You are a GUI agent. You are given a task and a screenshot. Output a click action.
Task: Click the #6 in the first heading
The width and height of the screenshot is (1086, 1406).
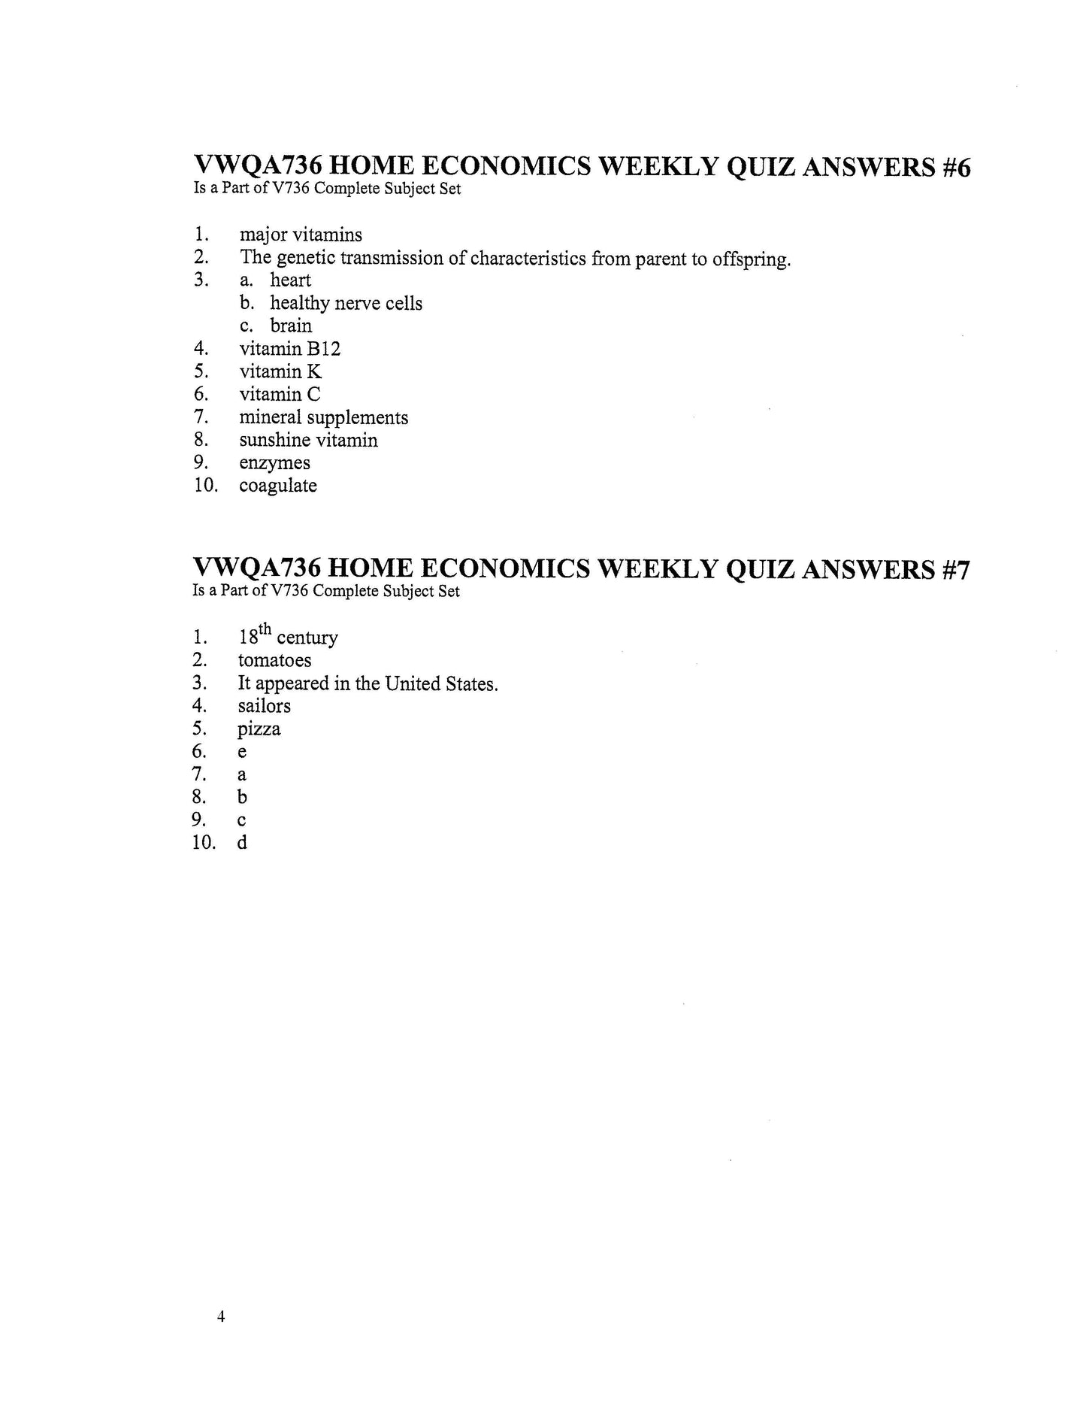(955, 167)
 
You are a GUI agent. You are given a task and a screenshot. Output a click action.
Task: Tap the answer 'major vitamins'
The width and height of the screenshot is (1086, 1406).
(301, 235)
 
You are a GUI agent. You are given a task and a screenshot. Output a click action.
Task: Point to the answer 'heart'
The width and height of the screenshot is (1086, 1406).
(290, 280)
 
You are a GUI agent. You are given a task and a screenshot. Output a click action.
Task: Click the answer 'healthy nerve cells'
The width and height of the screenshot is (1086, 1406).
(346, 303)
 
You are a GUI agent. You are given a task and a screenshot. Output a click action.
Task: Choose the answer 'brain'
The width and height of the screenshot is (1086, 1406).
(291, 326)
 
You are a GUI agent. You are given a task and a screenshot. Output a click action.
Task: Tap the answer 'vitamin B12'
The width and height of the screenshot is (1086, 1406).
(289, 349)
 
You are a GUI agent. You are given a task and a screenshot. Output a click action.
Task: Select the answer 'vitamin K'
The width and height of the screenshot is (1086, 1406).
(280, 371)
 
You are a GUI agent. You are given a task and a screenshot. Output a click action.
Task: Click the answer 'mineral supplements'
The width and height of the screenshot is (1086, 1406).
(323, 417)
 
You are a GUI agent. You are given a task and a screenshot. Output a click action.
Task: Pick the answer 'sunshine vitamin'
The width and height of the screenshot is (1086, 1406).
(308, 440)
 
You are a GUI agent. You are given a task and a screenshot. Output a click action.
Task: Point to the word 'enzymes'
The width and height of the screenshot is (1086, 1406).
(274, 463)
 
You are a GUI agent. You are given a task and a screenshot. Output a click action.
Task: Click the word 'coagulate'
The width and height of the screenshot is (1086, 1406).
(278, 486)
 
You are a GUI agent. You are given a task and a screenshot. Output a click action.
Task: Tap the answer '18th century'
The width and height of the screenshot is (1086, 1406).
(288, 637)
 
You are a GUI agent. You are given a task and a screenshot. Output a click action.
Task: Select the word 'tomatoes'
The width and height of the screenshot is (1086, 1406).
(274, 660)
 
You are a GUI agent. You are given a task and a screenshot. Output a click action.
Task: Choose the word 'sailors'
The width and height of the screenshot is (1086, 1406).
(264, 706)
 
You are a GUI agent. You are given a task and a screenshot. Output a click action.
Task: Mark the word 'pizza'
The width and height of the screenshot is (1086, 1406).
(259, 729)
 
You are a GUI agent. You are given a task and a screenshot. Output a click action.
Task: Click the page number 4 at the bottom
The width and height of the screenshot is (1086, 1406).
(220, 1316)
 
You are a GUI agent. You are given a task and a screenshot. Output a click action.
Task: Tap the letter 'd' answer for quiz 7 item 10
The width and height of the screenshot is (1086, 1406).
(242, 843)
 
